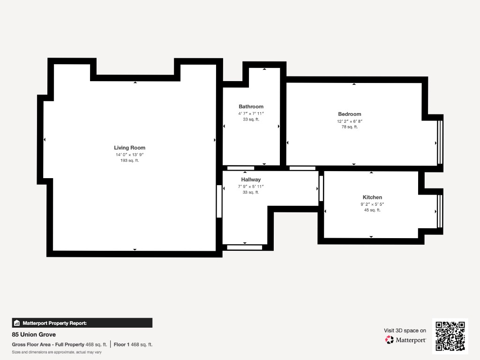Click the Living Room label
[129, 148]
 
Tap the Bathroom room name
[251, 106]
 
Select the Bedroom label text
[350, 114]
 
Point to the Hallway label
[251, 180]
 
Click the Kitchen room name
[372, 197]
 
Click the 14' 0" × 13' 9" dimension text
[129, 155]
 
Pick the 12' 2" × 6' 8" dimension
[350, 121]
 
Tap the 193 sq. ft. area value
[129, 160]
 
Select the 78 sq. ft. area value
[350, 127]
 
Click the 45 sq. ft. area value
[372, 210]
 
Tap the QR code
[450, 336]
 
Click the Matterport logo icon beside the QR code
[390, 340]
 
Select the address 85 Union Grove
[34, 334]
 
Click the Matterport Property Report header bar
[82, 323]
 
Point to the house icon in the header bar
[17, 323]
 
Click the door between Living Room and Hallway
[219, 202]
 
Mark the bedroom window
[440, 142]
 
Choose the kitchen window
[440, 211]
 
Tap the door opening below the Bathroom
[240, 168]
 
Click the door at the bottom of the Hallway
[245, 247]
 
